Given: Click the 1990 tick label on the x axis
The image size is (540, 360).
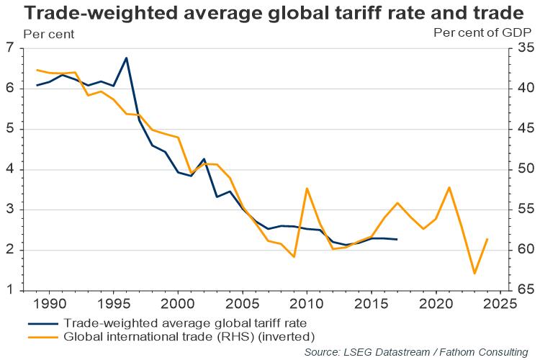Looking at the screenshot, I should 50,304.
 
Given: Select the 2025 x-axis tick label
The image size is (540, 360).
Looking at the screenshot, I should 500,304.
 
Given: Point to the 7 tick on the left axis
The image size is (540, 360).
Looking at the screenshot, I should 11,49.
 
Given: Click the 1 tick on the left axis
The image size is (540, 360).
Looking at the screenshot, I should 11,290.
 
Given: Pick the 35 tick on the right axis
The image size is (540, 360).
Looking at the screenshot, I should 524,49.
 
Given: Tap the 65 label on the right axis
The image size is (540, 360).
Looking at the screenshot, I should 524,290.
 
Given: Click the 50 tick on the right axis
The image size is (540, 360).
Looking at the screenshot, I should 524,169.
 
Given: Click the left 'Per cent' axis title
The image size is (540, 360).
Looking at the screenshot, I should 49,34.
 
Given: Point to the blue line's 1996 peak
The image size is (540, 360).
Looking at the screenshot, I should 127,58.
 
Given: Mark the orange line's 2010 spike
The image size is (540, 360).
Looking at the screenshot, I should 307,189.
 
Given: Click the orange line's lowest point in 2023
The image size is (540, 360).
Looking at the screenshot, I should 474,274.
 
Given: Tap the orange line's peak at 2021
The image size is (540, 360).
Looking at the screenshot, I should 449,187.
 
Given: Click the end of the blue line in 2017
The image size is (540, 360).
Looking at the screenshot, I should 397,240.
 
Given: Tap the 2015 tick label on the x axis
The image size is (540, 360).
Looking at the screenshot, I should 371,304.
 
